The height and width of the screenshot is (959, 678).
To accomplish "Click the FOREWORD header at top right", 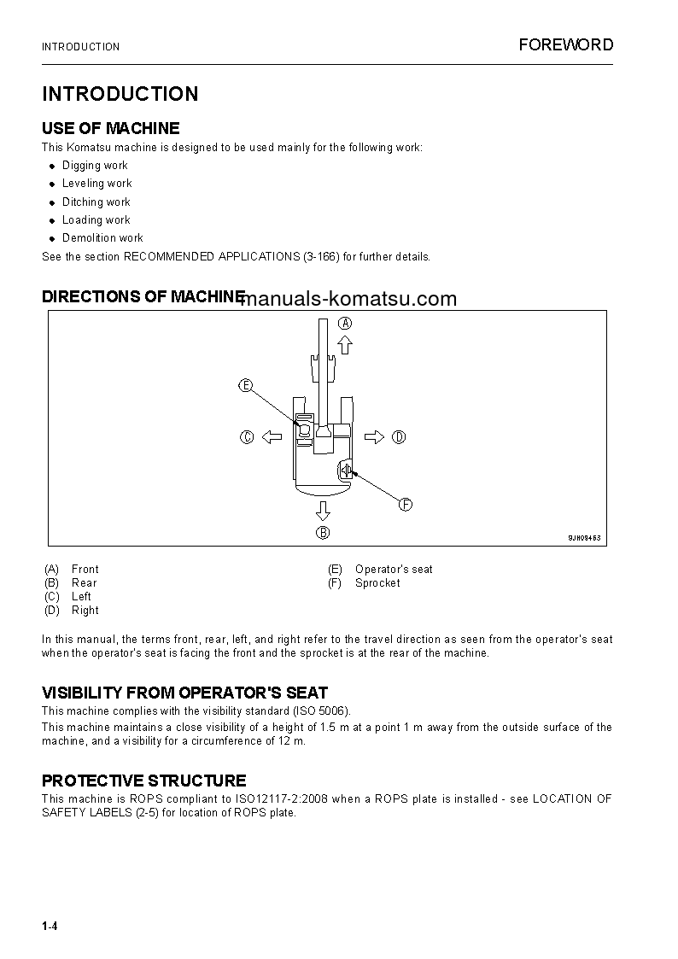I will click(565, 45).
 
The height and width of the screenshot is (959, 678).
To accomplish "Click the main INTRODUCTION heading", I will click(120, 94).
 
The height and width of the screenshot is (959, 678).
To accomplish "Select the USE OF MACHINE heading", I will click(111, 129).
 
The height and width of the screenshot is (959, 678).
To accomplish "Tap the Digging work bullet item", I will click(95, 166).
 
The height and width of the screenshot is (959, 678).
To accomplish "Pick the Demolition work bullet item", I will click(102, 238).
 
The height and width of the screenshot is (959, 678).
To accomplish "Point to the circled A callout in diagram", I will click(345, 323).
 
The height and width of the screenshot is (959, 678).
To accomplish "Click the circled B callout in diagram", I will click(323, 533).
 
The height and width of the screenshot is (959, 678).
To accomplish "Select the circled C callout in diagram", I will click(247, 437).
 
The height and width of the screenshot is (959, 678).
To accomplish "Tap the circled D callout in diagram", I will click(399, 437).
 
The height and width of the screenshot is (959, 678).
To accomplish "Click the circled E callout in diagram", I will click(246, 385).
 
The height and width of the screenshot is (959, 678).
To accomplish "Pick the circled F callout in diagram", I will click(406, 505).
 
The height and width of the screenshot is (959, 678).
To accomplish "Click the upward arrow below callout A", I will click(345, 344).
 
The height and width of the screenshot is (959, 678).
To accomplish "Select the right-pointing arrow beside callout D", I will click(374, 437).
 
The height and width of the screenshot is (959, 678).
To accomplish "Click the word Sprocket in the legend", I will click(377, 583).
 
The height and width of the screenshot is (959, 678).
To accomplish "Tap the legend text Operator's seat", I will click(394, 570).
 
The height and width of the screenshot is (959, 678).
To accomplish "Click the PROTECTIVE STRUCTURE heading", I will click(144, 781).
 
